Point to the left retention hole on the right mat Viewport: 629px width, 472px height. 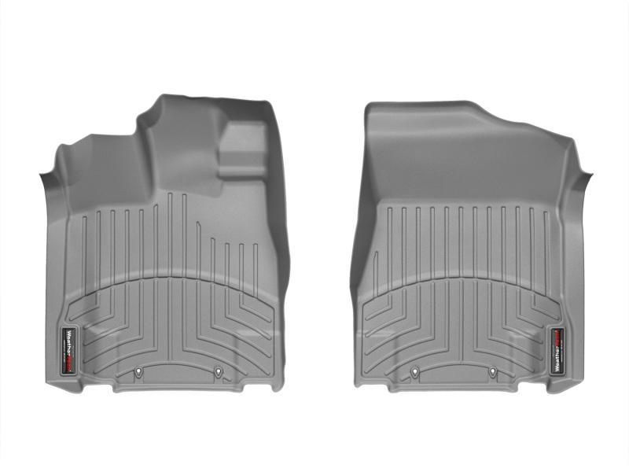413,374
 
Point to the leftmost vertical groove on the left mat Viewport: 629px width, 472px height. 83,252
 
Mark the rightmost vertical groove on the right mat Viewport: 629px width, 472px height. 544,252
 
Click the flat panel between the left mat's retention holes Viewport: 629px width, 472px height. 178,376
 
